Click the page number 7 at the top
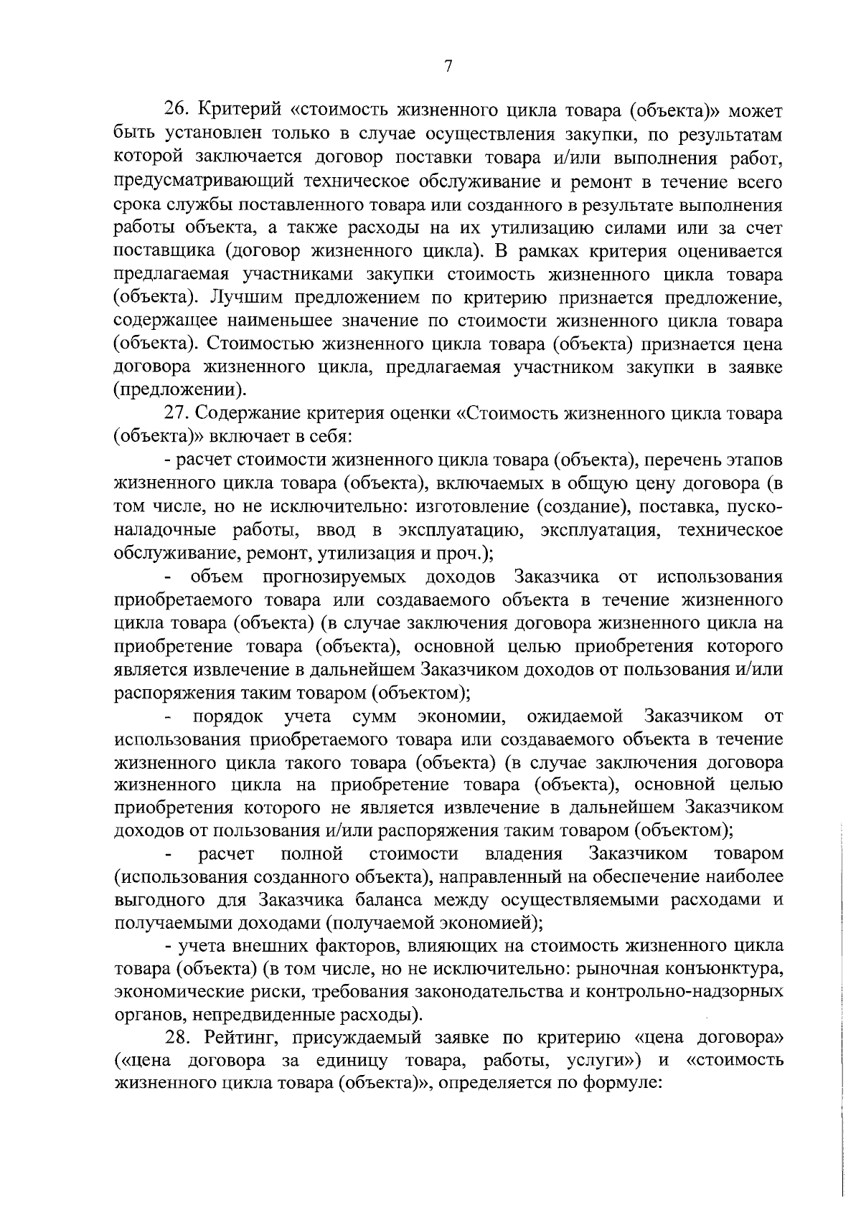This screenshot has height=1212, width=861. point(448,66)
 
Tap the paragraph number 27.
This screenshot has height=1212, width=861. point(176,414)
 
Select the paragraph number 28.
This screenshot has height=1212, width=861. point(176,1038)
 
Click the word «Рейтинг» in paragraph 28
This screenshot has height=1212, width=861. point(242,1038)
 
